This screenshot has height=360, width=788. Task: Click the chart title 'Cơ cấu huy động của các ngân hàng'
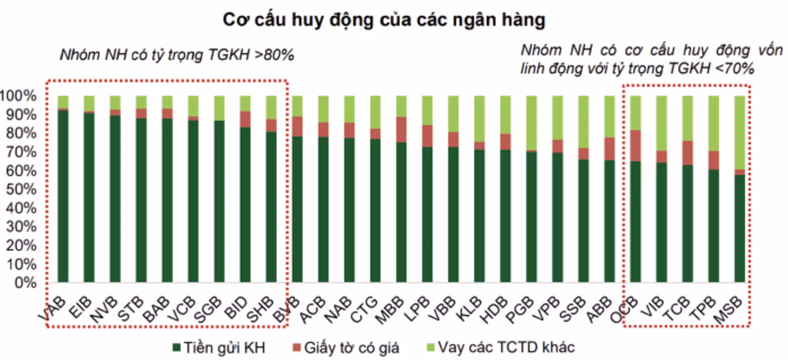[x=384, y=20]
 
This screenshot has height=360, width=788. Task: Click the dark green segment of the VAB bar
[x=63, y=197]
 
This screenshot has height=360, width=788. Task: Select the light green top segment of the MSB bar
[x=740, y=132]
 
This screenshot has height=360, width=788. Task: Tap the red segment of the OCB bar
[x=636, y=146]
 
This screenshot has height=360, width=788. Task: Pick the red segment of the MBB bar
[x=401, y=129]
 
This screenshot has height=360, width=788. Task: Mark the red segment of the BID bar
[x=245, y=119]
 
